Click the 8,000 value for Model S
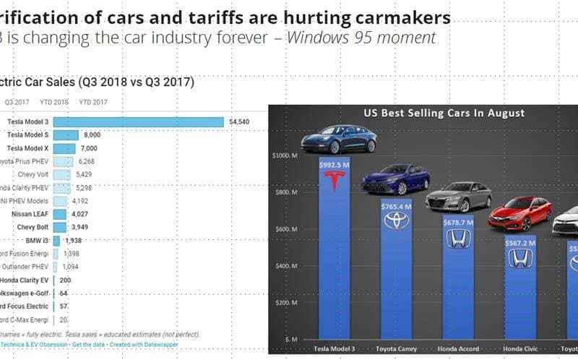click(x=92, y=135)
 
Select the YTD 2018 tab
click(x=54, y=102)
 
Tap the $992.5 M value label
click(x=334, y=165)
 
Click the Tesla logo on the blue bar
click(x=334, y=181)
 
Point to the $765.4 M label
click(x=396, y=207)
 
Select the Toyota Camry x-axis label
click(x=396, y=349)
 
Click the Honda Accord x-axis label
click(x=458, y=349)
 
